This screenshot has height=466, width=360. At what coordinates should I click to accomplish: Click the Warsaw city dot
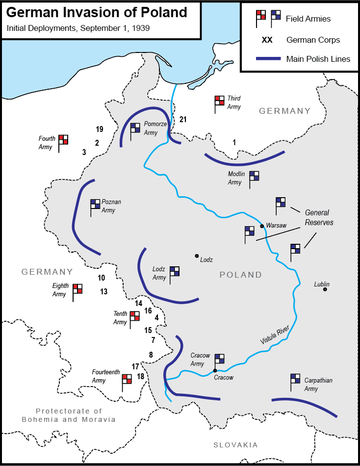point(262,226)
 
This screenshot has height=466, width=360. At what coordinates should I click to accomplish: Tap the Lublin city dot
point(325,289)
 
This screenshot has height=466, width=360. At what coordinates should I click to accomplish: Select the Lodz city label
point(206,259)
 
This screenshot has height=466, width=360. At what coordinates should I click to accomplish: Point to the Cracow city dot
point(215,370)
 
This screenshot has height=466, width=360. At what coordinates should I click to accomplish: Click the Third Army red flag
point(219,101)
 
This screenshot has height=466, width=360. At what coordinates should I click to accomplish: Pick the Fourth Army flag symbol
point(63,140)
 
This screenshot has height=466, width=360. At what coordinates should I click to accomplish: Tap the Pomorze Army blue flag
point(135,129)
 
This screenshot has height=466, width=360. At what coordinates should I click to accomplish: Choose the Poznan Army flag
point(95,205)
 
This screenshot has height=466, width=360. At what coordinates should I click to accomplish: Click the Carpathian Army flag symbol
point(295,379)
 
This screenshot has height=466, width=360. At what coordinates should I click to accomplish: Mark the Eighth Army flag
point(77,289)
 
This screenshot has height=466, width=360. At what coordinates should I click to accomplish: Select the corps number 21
point(183,119)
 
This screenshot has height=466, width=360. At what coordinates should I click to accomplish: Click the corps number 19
point(100,129)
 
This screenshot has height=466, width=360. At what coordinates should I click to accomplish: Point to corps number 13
point(103,291)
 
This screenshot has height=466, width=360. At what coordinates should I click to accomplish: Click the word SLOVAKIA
point(235,445)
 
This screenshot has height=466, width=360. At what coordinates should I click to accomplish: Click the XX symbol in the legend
point(267,40)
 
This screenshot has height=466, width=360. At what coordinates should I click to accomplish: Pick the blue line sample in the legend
point(267,59)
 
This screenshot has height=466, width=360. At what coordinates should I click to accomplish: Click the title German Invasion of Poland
point(97,12)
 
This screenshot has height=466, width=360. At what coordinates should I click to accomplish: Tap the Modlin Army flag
point(254,176)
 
